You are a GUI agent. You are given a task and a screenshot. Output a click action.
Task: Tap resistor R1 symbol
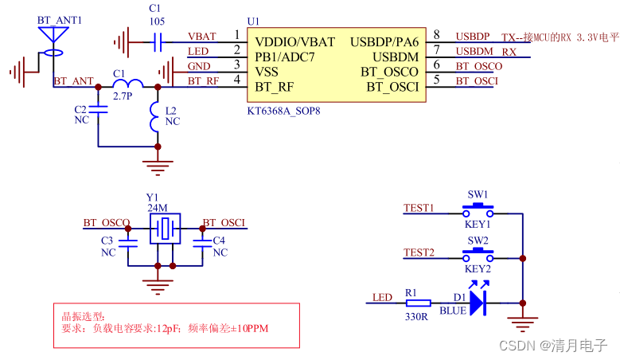coord(418,303)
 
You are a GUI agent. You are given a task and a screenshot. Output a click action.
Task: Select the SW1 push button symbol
coord(478,210)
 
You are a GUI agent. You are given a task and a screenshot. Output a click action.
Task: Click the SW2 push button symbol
coord(478,256)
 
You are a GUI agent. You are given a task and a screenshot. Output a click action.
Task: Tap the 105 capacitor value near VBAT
coord(157,23)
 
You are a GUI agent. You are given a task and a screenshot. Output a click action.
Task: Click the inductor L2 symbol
coord(157,120)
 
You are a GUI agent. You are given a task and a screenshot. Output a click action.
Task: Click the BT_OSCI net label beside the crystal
coord(224,223)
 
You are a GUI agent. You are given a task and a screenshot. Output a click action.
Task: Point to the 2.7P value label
coord(121,96)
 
